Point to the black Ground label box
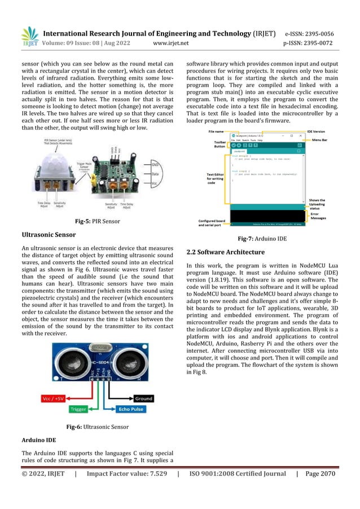[143, 398]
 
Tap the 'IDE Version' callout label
[319, 131]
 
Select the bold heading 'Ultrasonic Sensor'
[48, 234]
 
